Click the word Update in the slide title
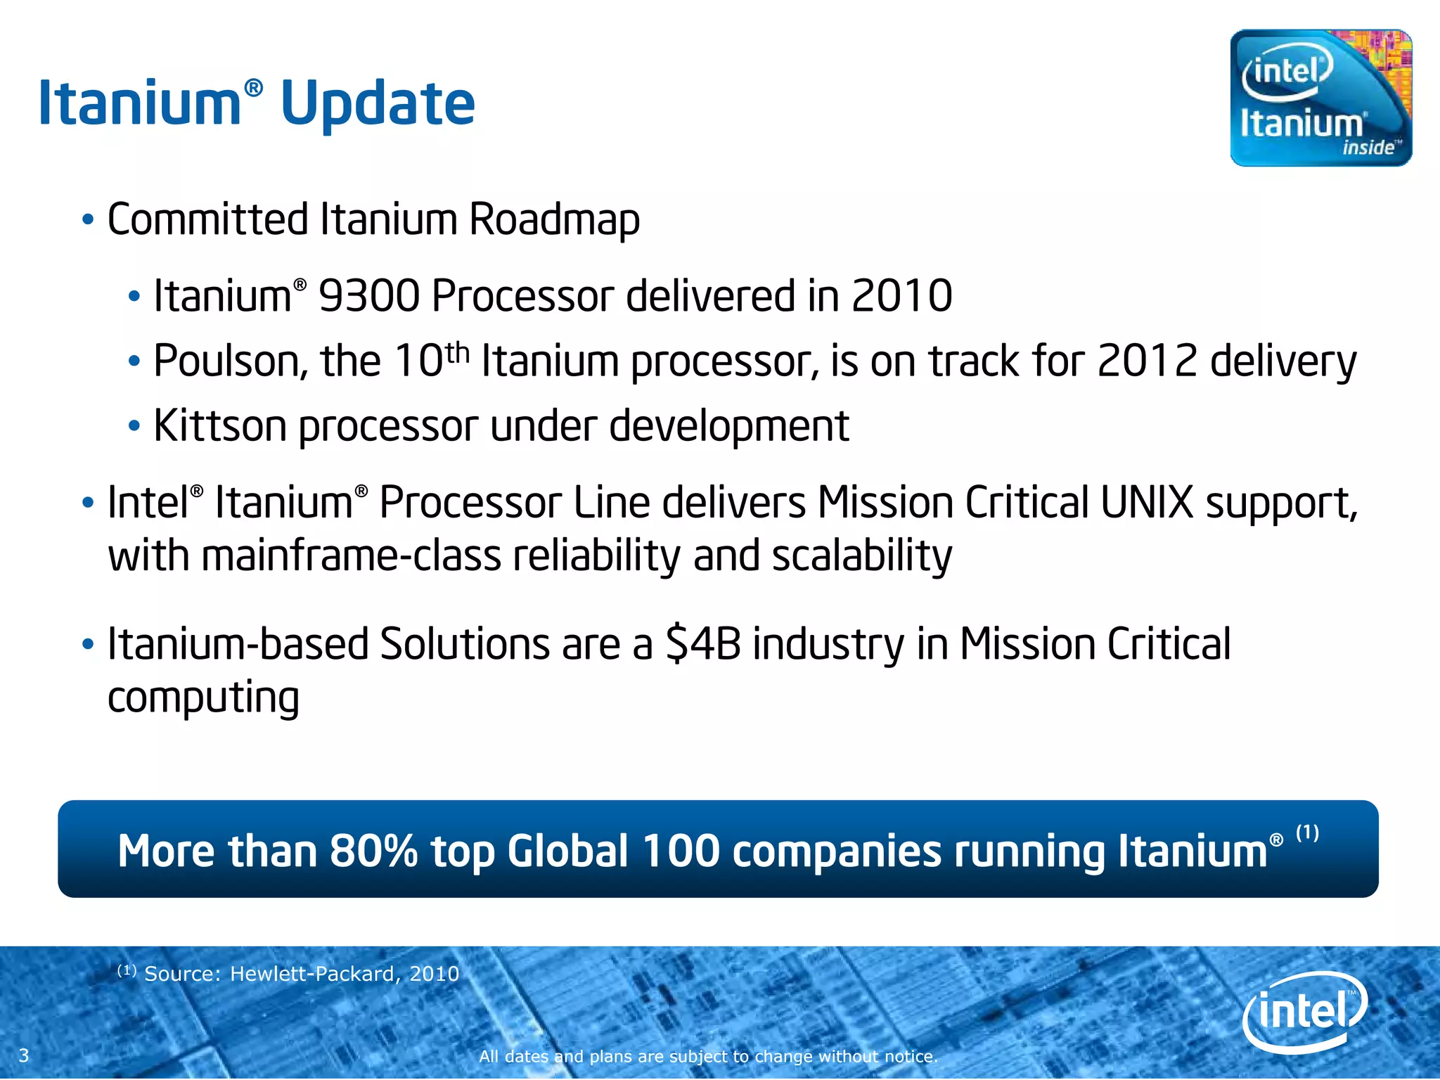tap(378, 104)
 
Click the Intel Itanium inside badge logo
tap(1320, 98)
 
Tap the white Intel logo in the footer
tap(1305, 1012)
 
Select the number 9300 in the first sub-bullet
tap(368, 295)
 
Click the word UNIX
tap(1147, 503)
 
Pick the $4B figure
tap(702, 644)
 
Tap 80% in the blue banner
tap(373, 851)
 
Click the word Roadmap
tap(554, 219)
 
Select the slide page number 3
tap(24, 1055)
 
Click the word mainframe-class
tap(351, 555)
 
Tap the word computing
tap(204, 697)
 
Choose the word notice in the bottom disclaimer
tap(910, 1056)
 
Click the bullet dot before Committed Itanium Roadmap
tap(88, 220)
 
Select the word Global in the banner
tap(567, 851)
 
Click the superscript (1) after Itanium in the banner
tap(1307, 833)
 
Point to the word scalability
tap(861, 555)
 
